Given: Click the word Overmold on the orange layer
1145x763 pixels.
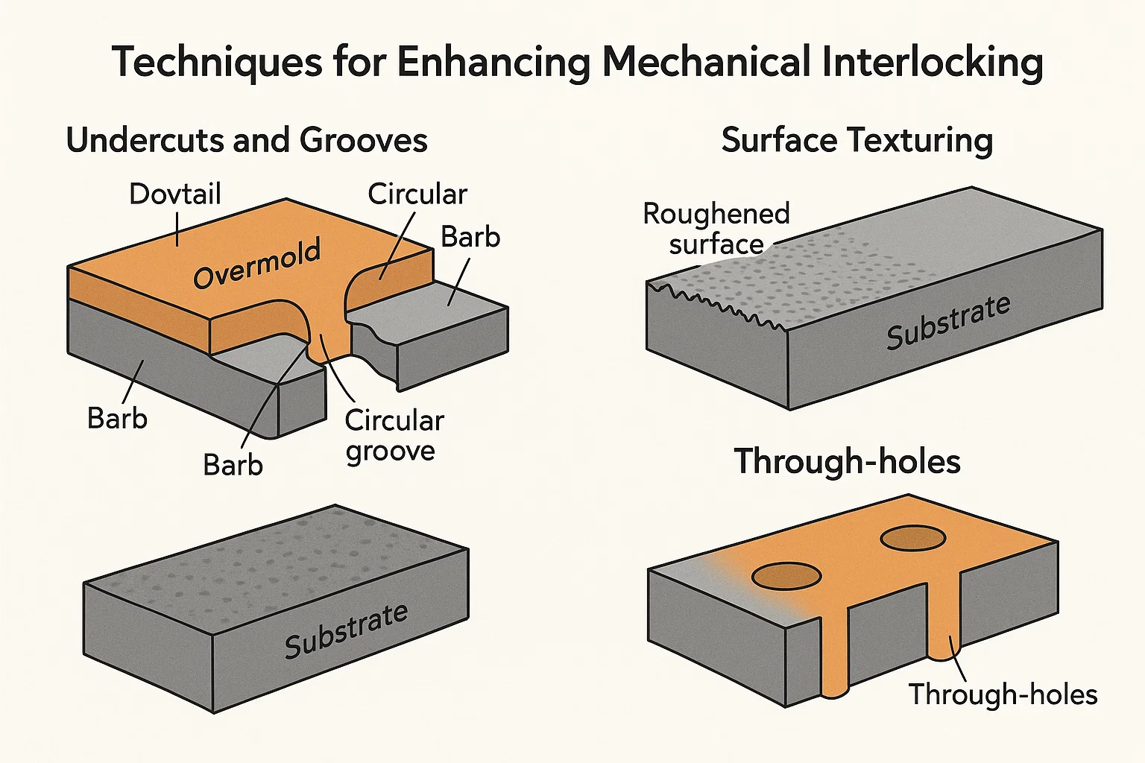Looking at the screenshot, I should click(257, 264).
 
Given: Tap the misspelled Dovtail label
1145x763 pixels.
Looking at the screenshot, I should click(175, 194).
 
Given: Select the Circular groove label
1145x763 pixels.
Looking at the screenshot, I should click(394, 436).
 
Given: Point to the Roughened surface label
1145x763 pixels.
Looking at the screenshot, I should click(716, 229).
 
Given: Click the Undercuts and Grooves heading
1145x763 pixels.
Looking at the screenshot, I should click(247, 140).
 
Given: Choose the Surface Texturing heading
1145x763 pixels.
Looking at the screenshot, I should click(857, 140).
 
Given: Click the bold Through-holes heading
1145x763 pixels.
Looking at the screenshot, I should click(848, 461).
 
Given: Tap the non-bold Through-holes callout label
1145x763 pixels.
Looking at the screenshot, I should click(1003, 694).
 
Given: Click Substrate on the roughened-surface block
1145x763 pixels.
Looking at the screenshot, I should click(948, 322).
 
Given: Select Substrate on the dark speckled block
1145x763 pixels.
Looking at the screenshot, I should click(346, 630).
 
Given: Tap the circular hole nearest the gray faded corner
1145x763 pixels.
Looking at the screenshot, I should click(786, 576).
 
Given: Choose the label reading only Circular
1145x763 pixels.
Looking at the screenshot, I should click(417, 194).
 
